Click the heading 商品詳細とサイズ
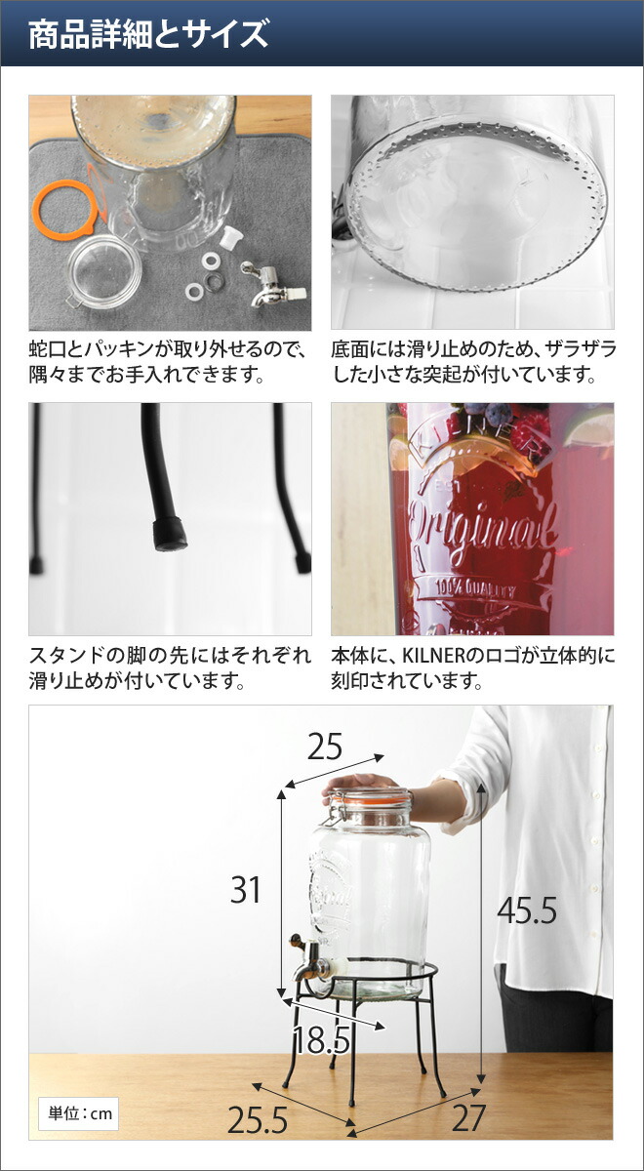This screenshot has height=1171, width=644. coord(148,34)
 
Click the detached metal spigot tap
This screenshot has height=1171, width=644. coord(273,283)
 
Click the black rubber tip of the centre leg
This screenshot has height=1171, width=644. coord(171,535)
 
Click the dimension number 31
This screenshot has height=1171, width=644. coord(245,890)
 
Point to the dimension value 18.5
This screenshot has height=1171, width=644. coord(321,1039)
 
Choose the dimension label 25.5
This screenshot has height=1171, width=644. coord(258,1120)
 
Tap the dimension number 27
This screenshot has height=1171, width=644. coord(469,1117)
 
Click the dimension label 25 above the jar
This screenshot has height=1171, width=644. coord(325,747)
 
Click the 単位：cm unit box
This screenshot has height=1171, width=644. coord(78,1113)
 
